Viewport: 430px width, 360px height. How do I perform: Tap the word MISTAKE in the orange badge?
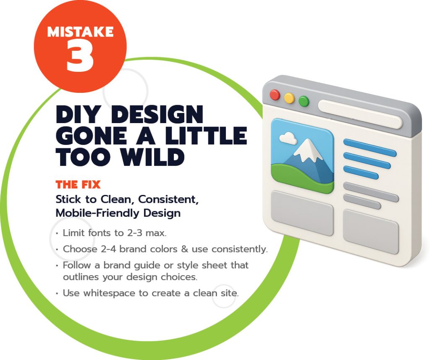coord(80,32)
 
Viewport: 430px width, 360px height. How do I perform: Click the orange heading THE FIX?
coord(78,184)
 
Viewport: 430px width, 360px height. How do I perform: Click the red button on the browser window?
coord(275,95)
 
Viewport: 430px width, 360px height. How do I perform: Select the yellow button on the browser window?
coord(289,98)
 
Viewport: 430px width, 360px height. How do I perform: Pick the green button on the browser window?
coord(304,101)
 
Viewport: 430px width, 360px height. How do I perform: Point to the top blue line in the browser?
coord(370,147)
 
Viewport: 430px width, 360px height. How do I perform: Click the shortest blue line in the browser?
coord(361,172)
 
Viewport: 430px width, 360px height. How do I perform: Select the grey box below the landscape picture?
coord(302,213)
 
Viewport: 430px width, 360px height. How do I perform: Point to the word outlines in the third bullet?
coord(81,277)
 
